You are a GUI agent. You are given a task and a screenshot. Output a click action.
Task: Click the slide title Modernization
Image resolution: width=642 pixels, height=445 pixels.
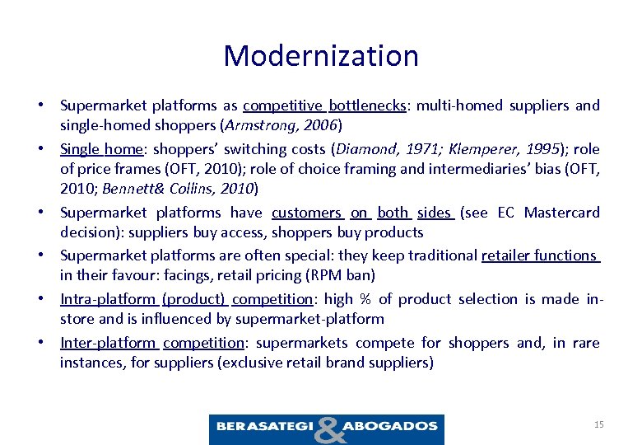(x=321, y=56)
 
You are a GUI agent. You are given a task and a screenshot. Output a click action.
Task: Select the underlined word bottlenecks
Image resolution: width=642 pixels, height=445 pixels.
(x=367, y=105)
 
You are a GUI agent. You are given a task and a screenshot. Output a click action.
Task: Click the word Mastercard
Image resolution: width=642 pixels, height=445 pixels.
(x=568, y=213)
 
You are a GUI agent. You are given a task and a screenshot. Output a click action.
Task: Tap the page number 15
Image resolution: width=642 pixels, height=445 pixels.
(x=598, y=424)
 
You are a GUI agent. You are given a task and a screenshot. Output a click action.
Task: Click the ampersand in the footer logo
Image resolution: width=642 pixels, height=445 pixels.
(x=328, y=429)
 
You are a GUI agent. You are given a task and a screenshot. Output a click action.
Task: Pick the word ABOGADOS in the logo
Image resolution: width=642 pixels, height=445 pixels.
(x=392, y=427)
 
